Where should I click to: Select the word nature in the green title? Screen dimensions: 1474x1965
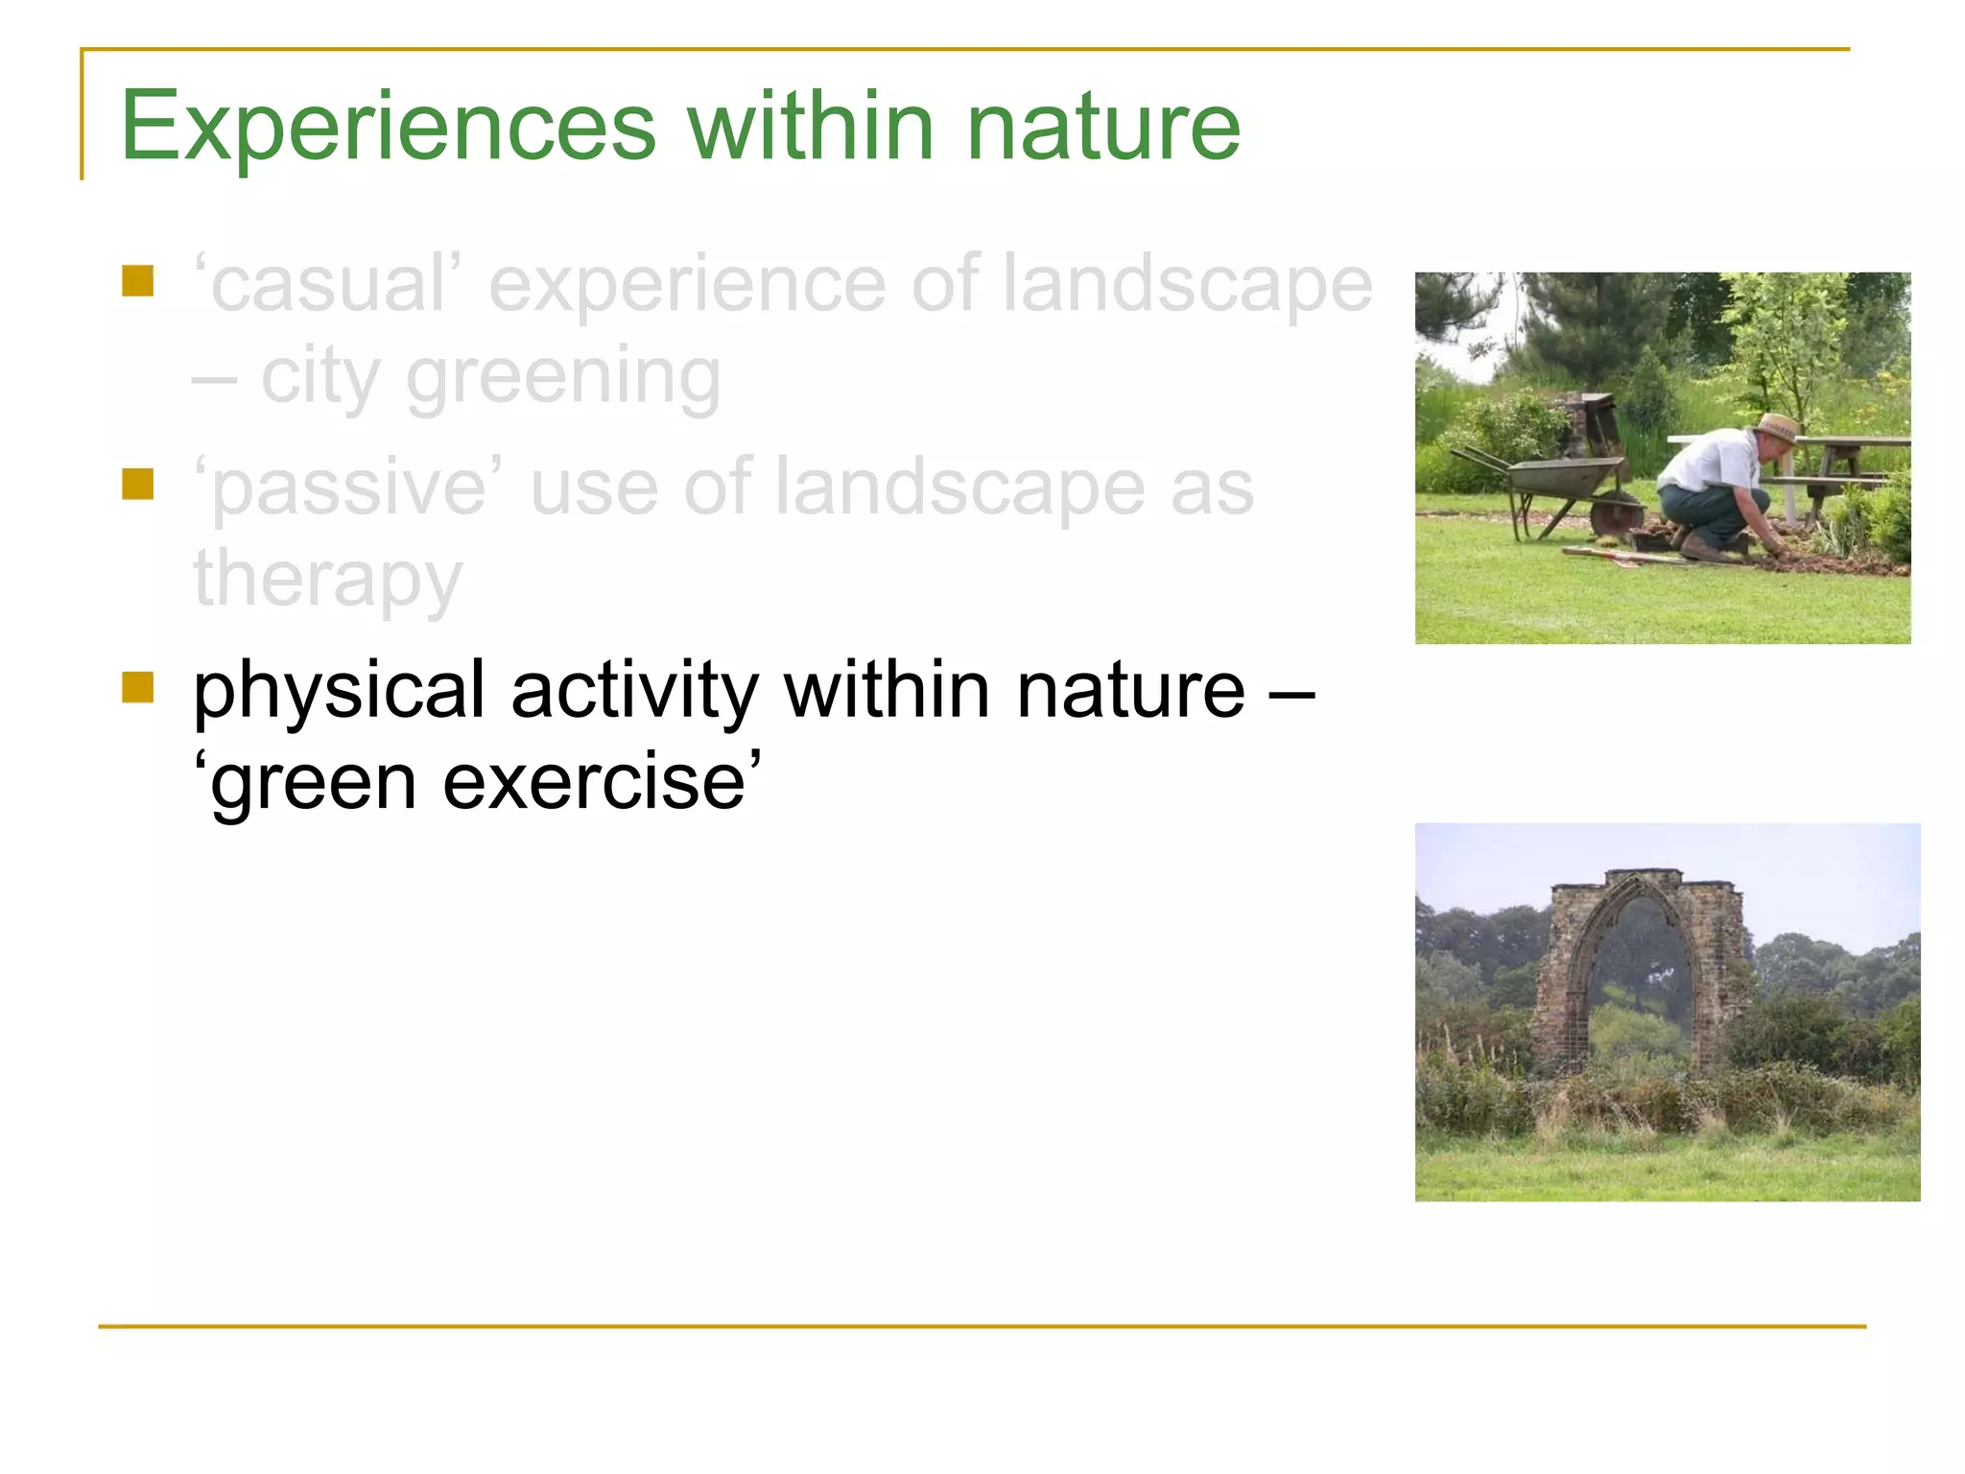click(1103, 126)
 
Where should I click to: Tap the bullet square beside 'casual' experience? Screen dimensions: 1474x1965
click(138, 281)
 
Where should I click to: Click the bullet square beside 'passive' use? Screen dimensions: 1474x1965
click(138, 484)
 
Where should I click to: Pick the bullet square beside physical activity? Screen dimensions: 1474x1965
click(138, 687)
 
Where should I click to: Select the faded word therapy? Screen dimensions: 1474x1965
click(327, 579)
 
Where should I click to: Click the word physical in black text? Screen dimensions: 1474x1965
click(339, 691)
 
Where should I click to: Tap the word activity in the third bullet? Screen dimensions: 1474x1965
click(634, 691)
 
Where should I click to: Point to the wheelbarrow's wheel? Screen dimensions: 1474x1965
click(1616, 515)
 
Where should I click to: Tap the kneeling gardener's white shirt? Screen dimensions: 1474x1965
click(1713, 462)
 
